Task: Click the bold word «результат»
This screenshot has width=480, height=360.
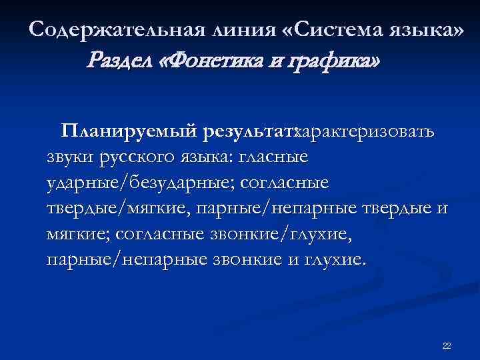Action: coord(245,131)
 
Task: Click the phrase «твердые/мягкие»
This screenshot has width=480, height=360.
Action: coord(117,209)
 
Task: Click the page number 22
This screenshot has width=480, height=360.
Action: coord(447,345)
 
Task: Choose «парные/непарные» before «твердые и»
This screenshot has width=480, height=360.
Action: coord(266,209)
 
